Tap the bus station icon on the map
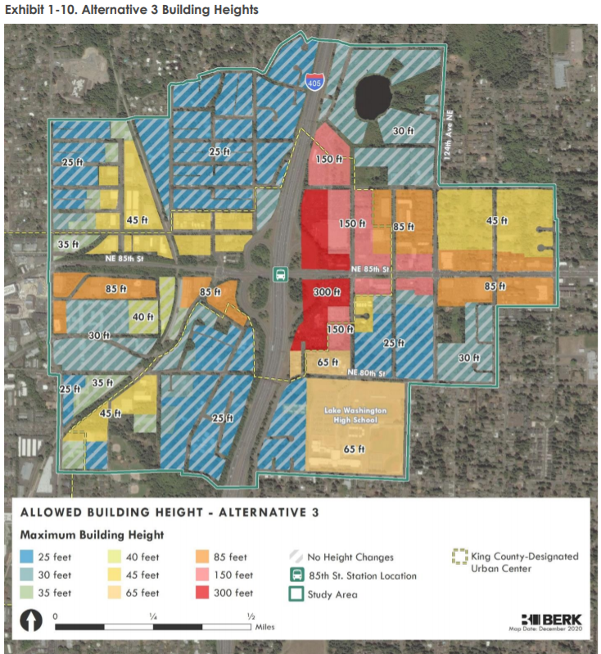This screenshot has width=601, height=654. [x=280, y=274]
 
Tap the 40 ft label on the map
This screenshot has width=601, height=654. [x=142, y=317]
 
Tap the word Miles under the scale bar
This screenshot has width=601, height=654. [x=264, y=627]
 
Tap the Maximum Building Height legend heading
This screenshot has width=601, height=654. [x=92, y=534]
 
